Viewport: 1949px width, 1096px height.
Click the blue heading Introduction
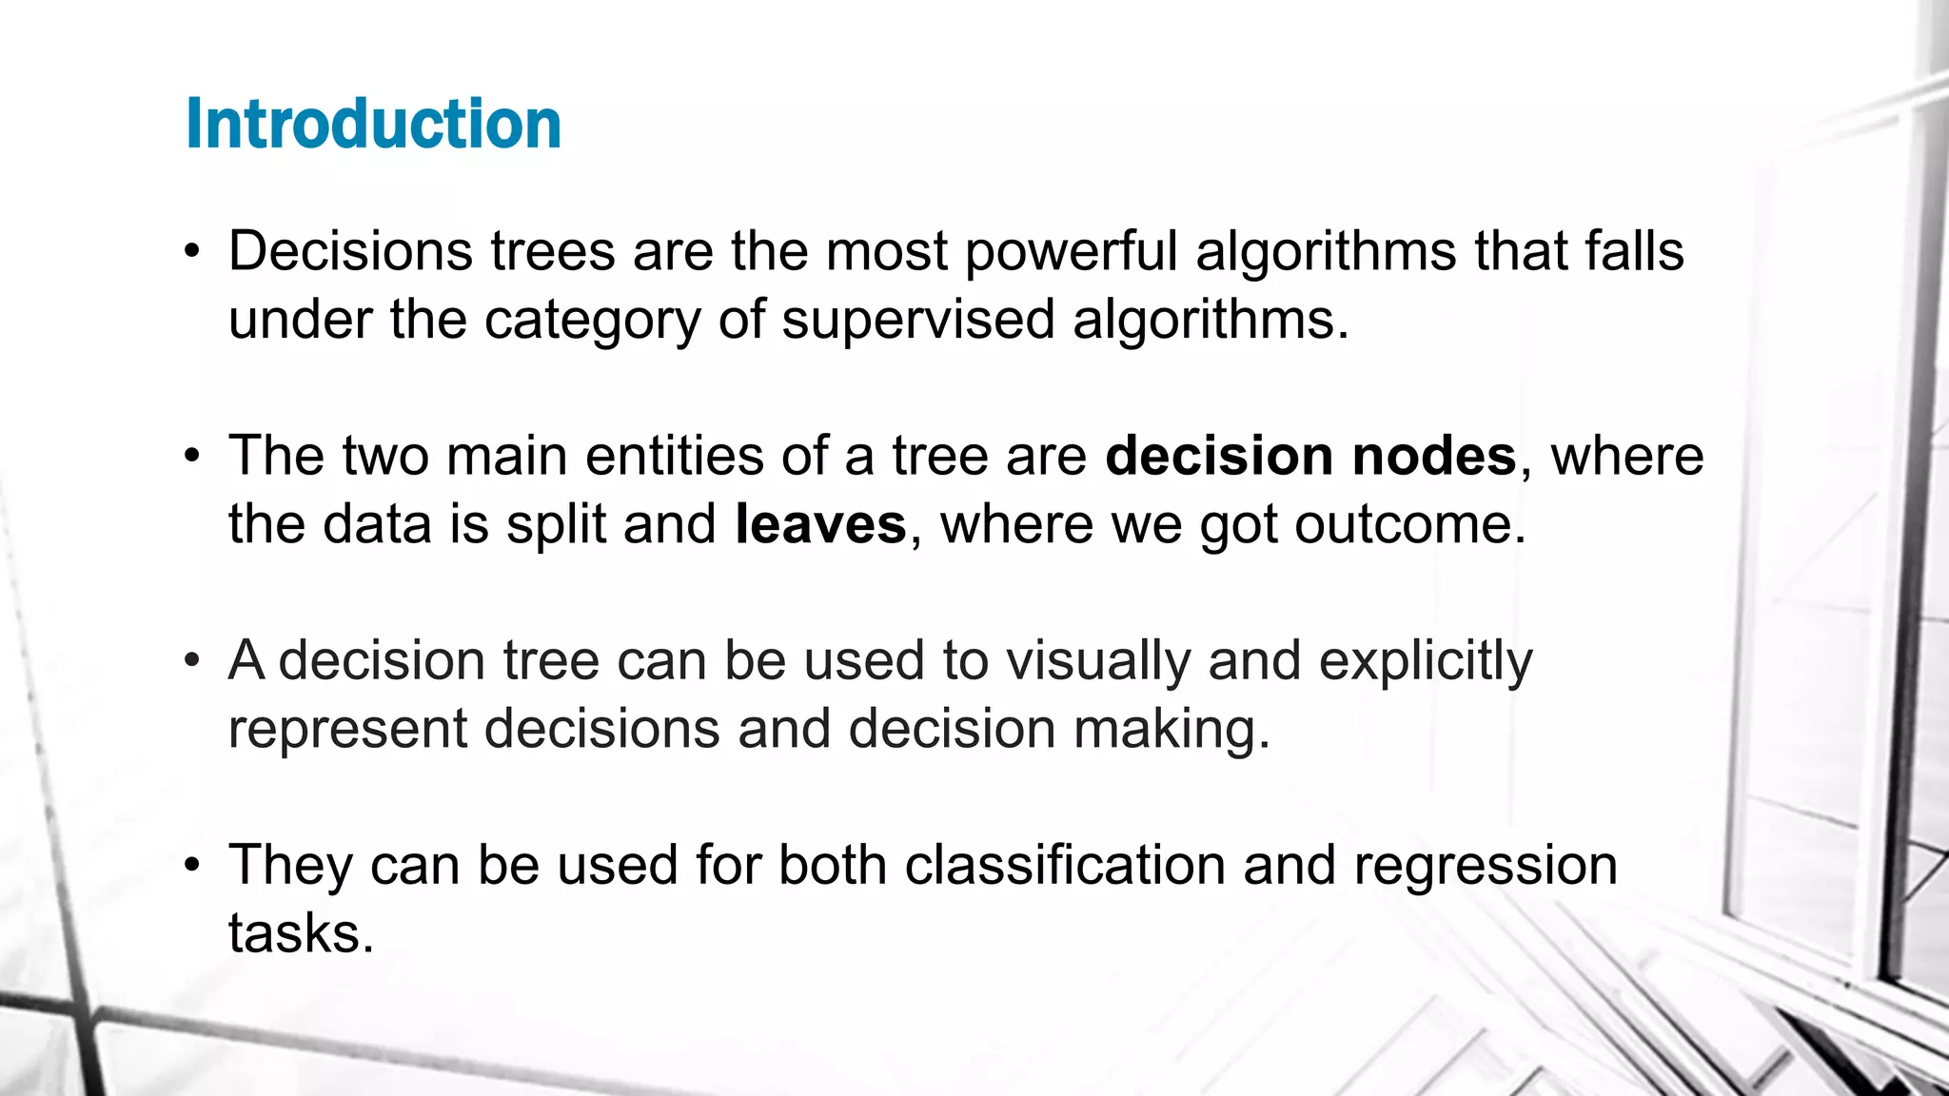click(x=373, y=125)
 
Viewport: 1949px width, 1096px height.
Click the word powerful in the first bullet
click(x=1071, y=252)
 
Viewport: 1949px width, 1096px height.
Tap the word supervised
click(x=917, y=320)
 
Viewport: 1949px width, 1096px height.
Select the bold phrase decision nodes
click(x=1309, y=456)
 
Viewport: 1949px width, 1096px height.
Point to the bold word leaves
click(x=820, y=524)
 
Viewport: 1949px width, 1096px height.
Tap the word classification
click(x=1064, y=865)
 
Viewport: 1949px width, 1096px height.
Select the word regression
click(x=1485, y=865)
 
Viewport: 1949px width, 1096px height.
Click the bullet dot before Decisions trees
click(x=193, y=253)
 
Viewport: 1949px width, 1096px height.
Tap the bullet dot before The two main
click(x=193, y=457)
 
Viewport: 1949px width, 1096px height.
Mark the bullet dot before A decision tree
click(x=193, y=661)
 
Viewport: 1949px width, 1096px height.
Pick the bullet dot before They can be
click(x=193, y=866)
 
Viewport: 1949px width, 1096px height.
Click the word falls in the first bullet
click(x=1634, y=252)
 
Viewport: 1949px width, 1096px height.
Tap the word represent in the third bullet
click(x=347, y=731)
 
